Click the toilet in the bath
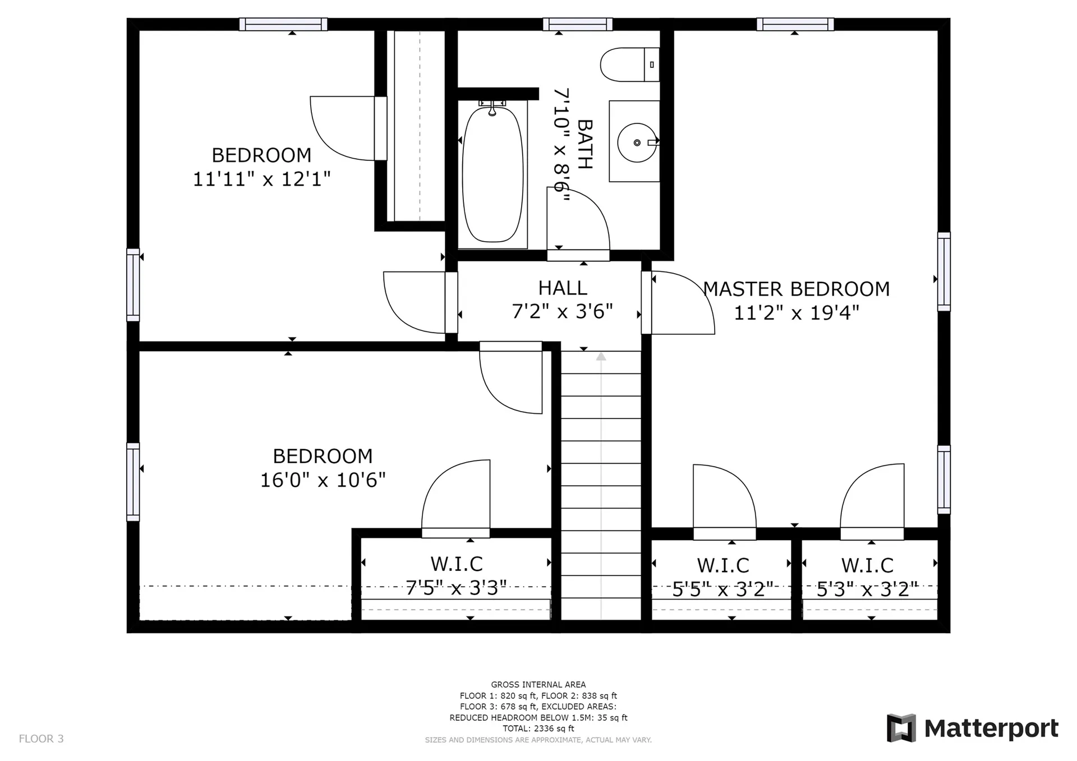coord(629,64)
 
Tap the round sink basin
coord(637,142)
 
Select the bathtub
coord(493,174)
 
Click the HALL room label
coord(563,288)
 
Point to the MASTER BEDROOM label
coord(796,289)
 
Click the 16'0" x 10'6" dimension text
coord(323,480)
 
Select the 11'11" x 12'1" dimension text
coord(261,179)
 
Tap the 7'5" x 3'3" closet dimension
coord(456,588)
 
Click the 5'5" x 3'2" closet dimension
coord(723,589)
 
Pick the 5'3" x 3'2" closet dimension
coord(867,589)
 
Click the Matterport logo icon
coord(901,728)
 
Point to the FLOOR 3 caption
coord(42,739)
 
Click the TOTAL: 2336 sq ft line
coord(538,728)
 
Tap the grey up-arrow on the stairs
coord(601,356)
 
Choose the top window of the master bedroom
coord(795,24)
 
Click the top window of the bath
coord(577,24)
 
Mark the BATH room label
coord(584,144)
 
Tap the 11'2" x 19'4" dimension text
coord(796,313)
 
